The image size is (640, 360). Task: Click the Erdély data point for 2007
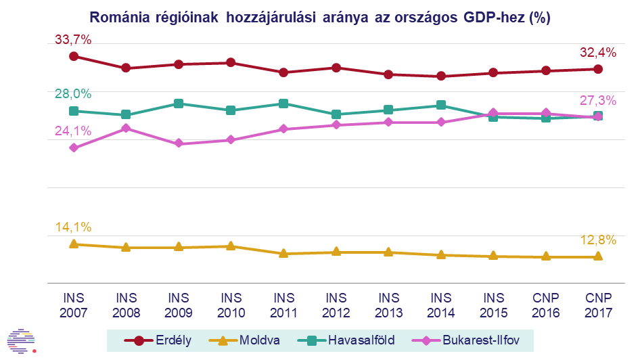pos(73,56)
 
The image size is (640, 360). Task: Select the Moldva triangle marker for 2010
pos(231,246)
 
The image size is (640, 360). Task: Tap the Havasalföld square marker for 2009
pos(178,104)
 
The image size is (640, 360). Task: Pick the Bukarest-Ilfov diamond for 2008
pos(126,128)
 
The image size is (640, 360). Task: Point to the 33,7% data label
pos(73,40)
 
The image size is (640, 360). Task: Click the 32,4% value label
pos(598,52)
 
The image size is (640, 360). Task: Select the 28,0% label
pos(73,94)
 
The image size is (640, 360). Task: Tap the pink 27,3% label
pos(598,100)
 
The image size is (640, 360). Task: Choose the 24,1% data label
pos(73,131)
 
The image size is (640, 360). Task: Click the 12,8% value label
pos(598,240)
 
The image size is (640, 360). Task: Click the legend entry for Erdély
pos(162,340)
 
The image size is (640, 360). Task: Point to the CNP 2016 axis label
pos(546,305)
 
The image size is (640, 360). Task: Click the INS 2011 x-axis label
pos(283,305)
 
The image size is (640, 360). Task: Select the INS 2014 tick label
pos(440,305)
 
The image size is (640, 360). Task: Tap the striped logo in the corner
pos(22,340)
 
